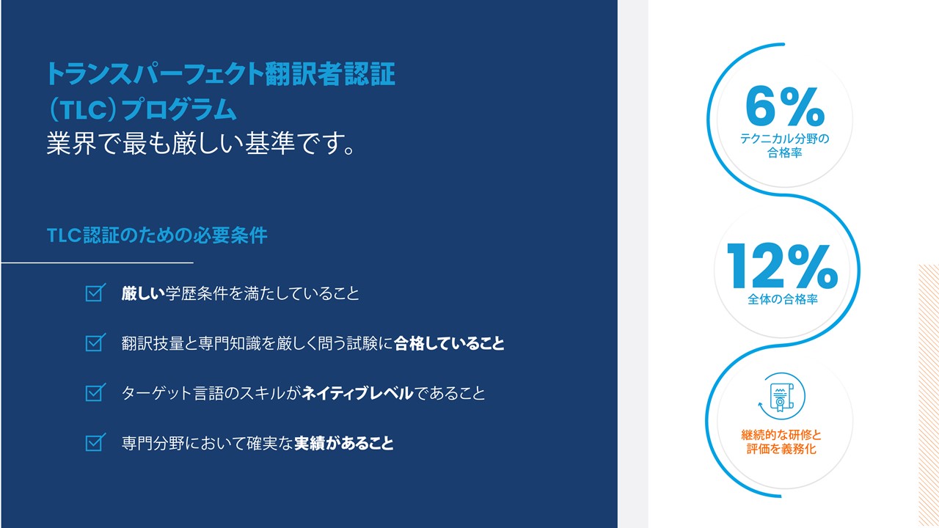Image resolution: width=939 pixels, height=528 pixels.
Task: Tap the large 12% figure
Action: click(x=782, y=265)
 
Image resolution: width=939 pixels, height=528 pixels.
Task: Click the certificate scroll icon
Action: click(x=781, y=397)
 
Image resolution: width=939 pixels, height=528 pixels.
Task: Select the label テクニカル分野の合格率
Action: click(x=784, y=145)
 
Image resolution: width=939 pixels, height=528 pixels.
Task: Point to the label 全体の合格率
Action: click(x=782, y=299)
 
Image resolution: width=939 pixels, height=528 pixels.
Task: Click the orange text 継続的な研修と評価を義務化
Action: click(x=781, y=441)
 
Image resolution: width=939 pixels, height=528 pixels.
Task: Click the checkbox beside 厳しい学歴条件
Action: click(x=95, y=293)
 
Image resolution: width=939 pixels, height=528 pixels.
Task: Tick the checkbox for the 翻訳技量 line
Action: click(x=95, y=342)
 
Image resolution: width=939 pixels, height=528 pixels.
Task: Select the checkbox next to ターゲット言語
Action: click(x=95, y=392)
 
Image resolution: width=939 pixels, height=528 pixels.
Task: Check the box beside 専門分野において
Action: click(x=95, y=442)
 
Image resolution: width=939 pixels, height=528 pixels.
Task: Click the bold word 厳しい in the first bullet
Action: click(x=143, y=293)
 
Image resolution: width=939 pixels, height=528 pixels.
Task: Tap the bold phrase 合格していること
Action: click(x=449, y=343)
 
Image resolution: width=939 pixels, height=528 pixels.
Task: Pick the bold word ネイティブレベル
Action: click(x=357, y=393)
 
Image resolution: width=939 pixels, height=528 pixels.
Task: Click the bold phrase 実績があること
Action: click(x=344, y=443)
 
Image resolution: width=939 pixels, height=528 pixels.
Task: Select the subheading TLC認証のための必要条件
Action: click(x=157, y=235)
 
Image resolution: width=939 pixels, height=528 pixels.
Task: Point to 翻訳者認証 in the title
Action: click(x=330, y=74)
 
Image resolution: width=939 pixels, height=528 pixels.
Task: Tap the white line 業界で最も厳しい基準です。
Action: click(x=202, y=143)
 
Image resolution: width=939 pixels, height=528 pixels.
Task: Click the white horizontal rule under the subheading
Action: click(x=98, y=263)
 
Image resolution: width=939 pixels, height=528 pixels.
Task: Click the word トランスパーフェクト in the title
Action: click(x=155, y=74)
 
